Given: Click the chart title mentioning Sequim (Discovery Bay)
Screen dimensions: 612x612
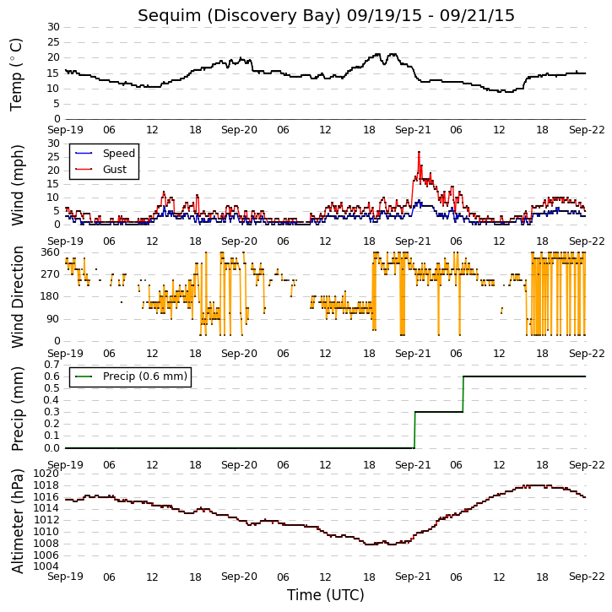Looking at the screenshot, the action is click(x=326, y=15).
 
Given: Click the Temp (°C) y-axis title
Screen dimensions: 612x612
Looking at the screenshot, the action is click(x=16, y=74).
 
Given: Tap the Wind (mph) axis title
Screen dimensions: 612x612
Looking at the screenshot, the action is click(x=17, y=185).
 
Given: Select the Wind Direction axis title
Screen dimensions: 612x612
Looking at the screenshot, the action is click(x=17, y=297).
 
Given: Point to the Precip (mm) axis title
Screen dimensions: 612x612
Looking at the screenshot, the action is click(x=17, y=409).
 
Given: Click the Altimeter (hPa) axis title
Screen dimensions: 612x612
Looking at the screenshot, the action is click(x=17, y=521).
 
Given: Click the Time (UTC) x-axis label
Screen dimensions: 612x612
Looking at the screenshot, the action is click(x=326, y=595).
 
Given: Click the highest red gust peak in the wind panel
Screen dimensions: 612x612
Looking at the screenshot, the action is click(x=420, y=152).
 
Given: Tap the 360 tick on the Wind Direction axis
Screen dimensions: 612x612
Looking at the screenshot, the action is click(x=51, y=252).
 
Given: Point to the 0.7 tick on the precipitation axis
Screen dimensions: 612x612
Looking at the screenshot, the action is click(x=51, y=365).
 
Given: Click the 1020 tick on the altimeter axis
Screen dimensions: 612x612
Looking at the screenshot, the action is click(x=46, y=474).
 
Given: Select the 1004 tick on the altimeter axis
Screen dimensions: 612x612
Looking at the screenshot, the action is click(x=46, y=566).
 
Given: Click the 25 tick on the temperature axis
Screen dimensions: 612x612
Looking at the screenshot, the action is click(x=54, y=42).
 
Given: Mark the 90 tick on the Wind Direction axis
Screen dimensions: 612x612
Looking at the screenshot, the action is click(x=54, y=319).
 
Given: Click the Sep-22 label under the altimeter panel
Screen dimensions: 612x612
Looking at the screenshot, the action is click(x=587, y=577).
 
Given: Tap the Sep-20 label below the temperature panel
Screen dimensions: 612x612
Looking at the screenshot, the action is click(x=239, y=130).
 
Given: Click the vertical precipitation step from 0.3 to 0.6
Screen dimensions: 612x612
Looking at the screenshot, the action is click(x=463, y=394).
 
